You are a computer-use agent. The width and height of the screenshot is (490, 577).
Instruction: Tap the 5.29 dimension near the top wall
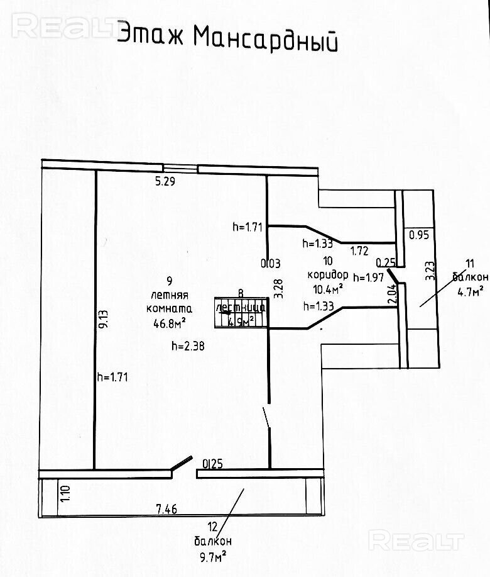[165, 182]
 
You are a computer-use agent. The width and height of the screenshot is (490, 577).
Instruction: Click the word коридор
[328, 275]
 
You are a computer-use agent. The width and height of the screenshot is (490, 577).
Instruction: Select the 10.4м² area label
[328, 289]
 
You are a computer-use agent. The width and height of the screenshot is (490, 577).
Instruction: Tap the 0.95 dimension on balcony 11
[418, 236]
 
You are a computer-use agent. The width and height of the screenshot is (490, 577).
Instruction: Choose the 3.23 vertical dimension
[430, 271]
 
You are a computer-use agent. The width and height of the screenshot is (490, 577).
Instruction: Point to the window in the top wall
[180, 167]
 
